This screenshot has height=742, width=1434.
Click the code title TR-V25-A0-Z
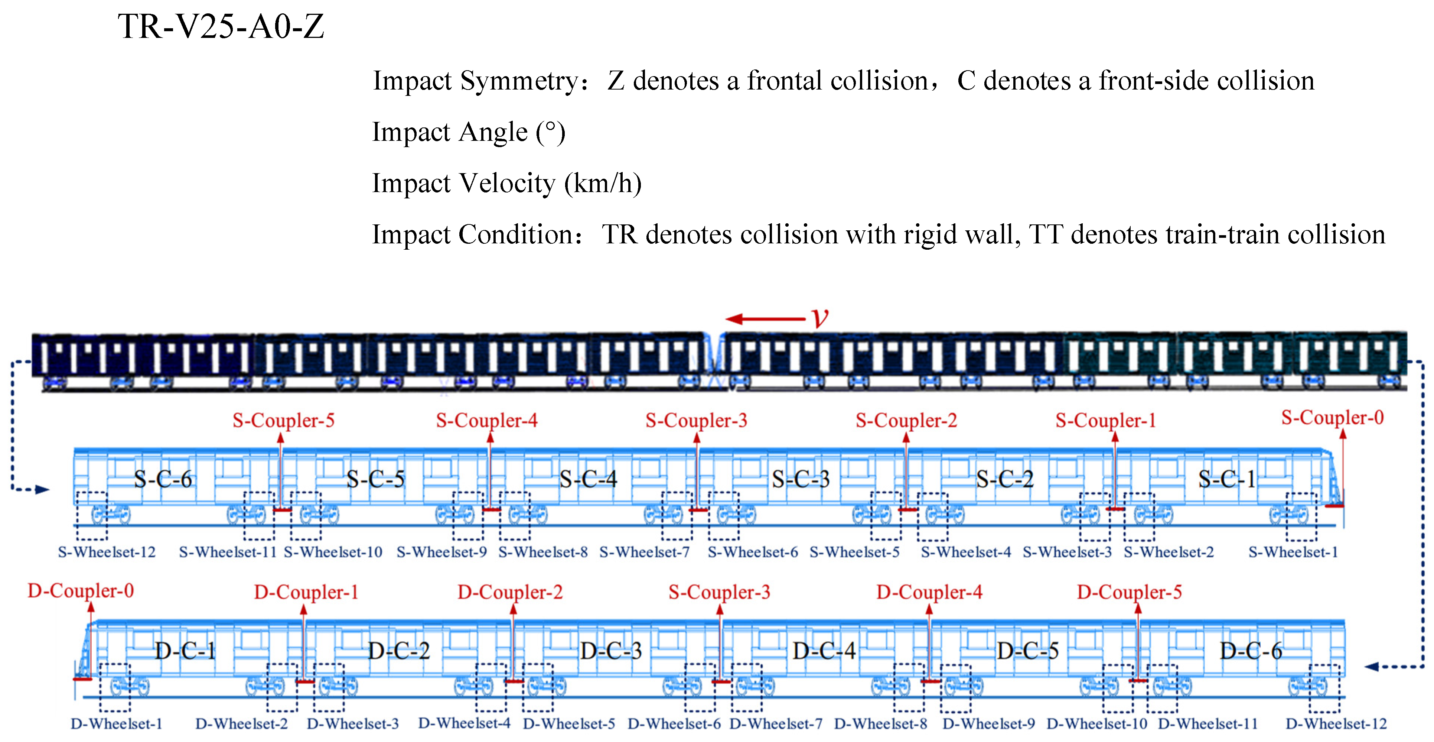(x=221, y=26)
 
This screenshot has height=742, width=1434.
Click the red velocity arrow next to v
(x=765, y=319)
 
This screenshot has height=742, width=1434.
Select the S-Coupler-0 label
(x=1332, y=417)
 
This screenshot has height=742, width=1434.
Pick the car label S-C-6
(x=163, y=479)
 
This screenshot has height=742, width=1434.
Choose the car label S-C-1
(x=1227, y=479)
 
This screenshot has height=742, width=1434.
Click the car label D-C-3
(x=611, y=651)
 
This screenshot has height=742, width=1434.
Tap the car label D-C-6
(x=1250, y=651)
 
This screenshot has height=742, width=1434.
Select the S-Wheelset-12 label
(x=107, y=552)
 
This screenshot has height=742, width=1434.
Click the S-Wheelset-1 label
(x=1293, y=552)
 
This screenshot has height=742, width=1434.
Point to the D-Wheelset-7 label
(x=775, y=724)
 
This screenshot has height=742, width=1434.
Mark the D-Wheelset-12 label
(x=1336, y=724)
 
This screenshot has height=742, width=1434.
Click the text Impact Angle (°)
(x=469, y=133)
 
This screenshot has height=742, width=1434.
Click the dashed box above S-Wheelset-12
(x=92, y=515)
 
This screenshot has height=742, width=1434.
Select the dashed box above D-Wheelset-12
(x=1324, y=688)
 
